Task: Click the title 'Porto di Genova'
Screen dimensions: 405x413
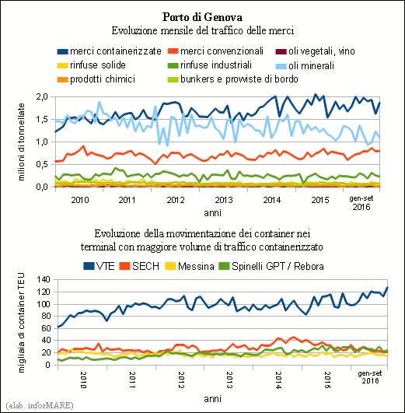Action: [202, 17]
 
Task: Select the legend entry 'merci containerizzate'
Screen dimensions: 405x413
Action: [110, 51]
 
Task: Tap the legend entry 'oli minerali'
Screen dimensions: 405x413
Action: [305, 65]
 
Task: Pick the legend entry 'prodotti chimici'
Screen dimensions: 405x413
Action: [96, 79]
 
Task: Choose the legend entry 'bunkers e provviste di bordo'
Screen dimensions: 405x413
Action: [232, 79]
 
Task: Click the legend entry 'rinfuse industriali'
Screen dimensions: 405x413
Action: [210, 65]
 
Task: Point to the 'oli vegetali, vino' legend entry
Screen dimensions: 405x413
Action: [315, 51]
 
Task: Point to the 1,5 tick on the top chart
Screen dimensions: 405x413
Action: [42, 119]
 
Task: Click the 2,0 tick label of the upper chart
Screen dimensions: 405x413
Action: [42, 97]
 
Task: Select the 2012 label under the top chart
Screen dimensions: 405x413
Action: [176, 200]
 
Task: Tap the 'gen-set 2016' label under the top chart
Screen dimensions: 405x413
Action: [361, 203]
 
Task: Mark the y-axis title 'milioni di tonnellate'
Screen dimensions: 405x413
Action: [21, 142]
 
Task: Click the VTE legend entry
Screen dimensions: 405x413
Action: [99, 266]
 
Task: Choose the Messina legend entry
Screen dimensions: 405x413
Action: [190, 266]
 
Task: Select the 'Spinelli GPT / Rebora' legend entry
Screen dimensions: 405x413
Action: [271, 266]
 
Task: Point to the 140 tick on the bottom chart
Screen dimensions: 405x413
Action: [44, 279]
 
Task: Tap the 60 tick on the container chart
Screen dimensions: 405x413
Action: [46, 328]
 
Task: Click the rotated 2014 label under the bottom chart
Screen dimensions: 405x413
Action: [278, 380]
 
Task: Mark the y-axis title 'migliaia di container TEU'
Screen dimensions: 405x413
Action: [21, 323]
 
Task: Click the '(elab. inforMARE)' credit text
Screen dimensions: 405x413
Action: [39, 405]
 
